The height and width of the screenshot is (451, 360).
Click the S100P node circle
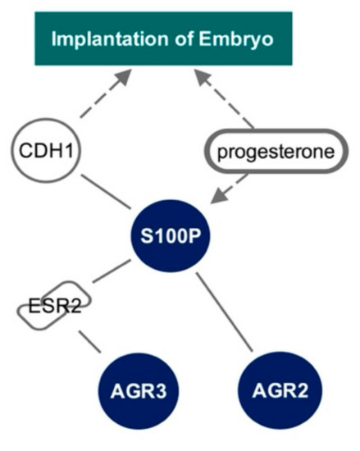[171, 236]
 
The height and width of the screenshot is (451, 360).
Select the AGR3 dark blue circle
[139, 391]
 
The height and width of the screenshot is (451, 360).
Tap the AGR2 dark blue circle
[280, 391]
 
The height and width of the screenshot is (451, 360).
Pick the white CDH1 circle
[46, 150]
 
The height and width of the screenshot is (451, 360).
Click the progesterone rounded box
[276, 152]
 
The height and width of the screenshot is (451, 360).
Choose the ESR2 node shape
[54, 306]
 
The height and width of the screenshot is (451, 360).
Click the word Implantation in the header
[110, 39]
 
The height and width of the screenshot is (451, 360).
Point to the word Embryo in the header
[236, 39]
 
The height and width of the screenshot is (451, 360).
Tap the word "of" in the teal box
[184, 39]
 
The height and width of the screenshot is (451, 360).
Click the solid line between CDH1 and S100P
[105, 191]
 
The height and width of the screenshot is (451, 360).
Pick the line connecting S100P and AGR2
[225, 312]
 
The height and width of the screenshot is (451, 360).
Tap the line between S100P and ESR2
[112, 271]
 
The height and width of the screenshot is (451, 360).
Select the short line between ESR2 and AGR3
[90, 342]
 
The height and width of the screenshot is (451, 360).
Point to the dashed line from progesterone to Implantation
[224, 98]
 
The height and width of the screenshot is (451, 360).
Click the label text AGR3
[139, 391]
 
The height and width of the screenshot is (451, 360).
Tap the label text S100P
[171, 236]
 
